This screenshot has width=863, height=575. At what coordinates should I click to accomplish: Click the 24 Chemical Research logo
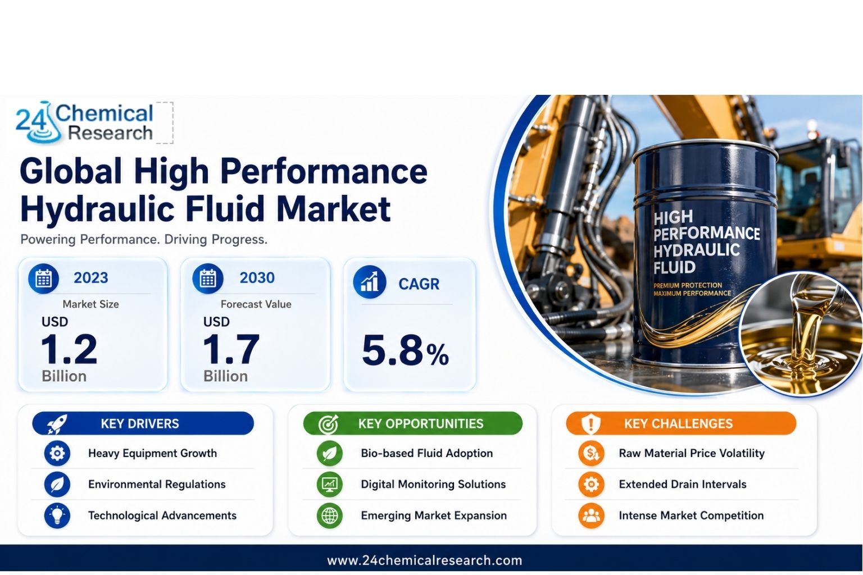coord(84,122)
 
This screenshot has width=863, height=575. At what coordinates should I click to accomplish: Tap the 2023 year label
coord(91,278)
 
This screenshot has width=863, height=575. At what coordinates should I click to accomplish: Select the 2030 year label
coord(257,278)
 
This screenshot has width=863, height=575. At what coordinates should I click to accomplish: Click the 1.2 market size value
coord(69,349)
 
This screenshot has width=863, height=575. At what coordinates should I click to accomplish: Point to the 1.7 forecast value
coord(231,349)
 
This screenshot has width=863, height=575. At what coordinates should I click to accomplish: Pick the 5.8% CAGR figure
coord(405,350)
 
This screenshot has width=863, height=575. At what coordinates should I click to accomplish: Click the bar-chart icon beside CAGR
coord(370,282)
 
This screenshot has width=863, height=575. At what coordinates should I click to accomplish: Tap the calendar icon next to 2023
coord(43,279)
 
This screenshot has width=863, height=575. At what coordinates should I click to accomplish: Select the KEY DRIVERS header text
coord(140,423)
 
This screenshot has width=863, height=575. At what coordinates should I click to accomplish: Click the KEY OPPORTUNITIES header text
coord(421,423)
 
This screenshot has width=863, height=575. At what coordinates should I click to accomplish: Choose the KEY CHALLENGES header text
coord(679,423)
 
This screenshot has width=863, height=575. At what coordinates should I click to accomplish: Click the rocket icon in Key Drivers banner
coord(57,424)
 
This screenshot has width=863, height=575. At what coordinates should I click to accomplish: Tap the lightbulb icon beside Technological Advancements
coord(57,515)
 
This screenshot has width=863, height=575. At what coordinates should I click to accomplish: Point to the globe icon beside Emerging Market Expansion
coord(330,515)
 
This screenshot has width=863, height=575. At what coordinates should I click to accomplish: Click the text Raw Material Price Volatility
coord(692,453)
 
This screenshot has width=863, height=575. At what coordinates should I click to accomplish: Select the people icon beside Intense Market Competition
coord(592,515)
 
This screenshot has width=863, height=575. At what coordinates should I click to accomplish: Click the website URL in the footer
coord(425,560)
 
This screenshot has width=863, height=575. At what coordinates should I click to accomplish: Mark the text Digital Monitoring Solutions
coord(433,484)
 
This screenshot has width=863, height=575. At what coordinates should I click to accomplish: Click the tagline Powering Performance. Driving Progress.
coord(144,240)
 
